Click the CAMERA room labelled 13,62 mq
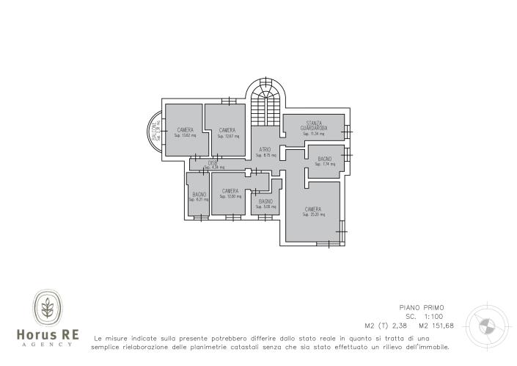184,132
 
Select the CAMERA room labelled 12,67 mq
227,132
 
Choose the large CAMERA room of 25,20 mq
312,212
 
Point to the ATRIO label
265,151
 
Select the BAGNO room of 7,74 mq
325,161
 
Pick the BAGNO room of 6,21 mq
199,196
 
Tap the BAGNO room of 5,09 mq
265,203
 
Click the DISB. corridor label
213,162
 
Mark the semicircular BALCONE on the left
155,132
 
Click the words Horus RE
48,335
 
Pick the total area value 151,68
440,325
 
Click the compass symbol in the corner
485,324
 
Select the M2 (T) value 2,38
397,325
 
